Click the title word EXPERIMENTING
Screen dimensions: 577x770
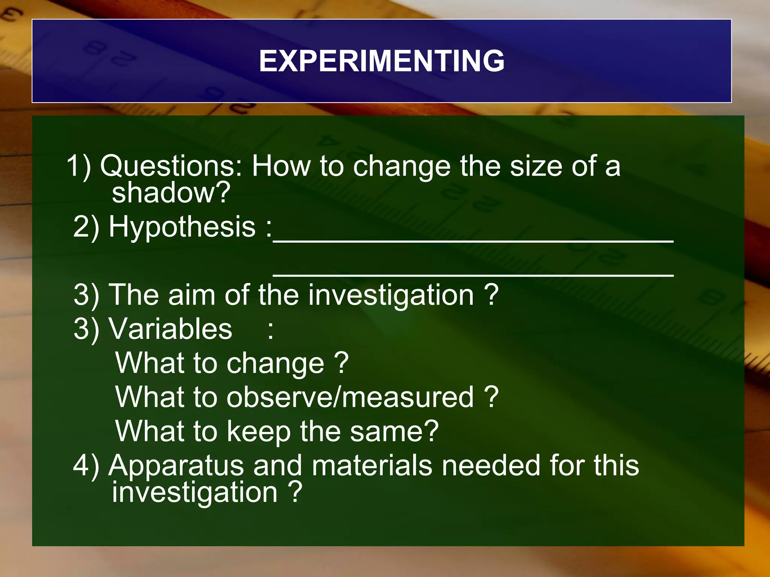tap(381, 61)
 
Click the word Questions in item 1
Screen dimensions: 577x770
tap(171, 166)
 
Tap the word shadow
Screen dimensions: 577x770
tap(171, 192)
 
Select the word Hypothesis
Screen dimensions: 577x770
tap(182, 227)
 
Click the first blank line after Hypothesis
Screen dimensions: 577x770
tap(473, 241)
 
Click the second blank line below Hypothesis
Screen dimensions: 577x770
tap(473, 275)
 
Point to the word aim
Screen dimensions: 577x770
tap(191, 295)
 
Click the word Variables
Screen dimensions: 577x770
tap(171, 329)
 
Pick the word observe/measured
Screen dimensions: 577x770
tap(350, 397)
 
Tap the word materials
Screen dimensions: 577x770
tap(372, 466)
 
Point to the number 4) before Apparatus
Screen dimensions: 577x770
tap(86, 466)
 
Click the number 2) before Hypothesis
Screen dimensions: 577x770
tap(86, 227)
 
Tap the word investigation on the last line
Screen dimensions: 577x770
tap(195, 493)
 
